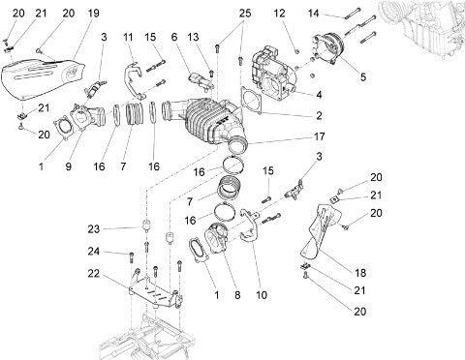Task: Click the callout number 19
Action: click(93, 14)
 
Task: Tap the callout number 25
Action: click(245, 14)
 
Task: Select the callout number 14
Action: click(313, 14)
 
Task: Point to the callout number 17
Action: click(319, 136)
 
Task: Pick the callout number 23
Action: click(94, 229)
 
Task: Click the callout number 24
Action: click(94, 252)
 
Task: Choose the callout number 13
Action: click(193, 37)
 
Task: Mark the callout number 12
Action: click(279, 14)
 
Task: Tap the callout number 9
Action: click(68, 166)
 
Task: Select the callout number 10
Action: click(262, 295)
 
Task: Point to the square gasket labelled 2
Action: click(251, 100)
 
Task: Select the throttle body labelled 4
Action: click(274, 74)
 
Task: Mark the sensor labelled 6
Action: click(201, 80)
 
